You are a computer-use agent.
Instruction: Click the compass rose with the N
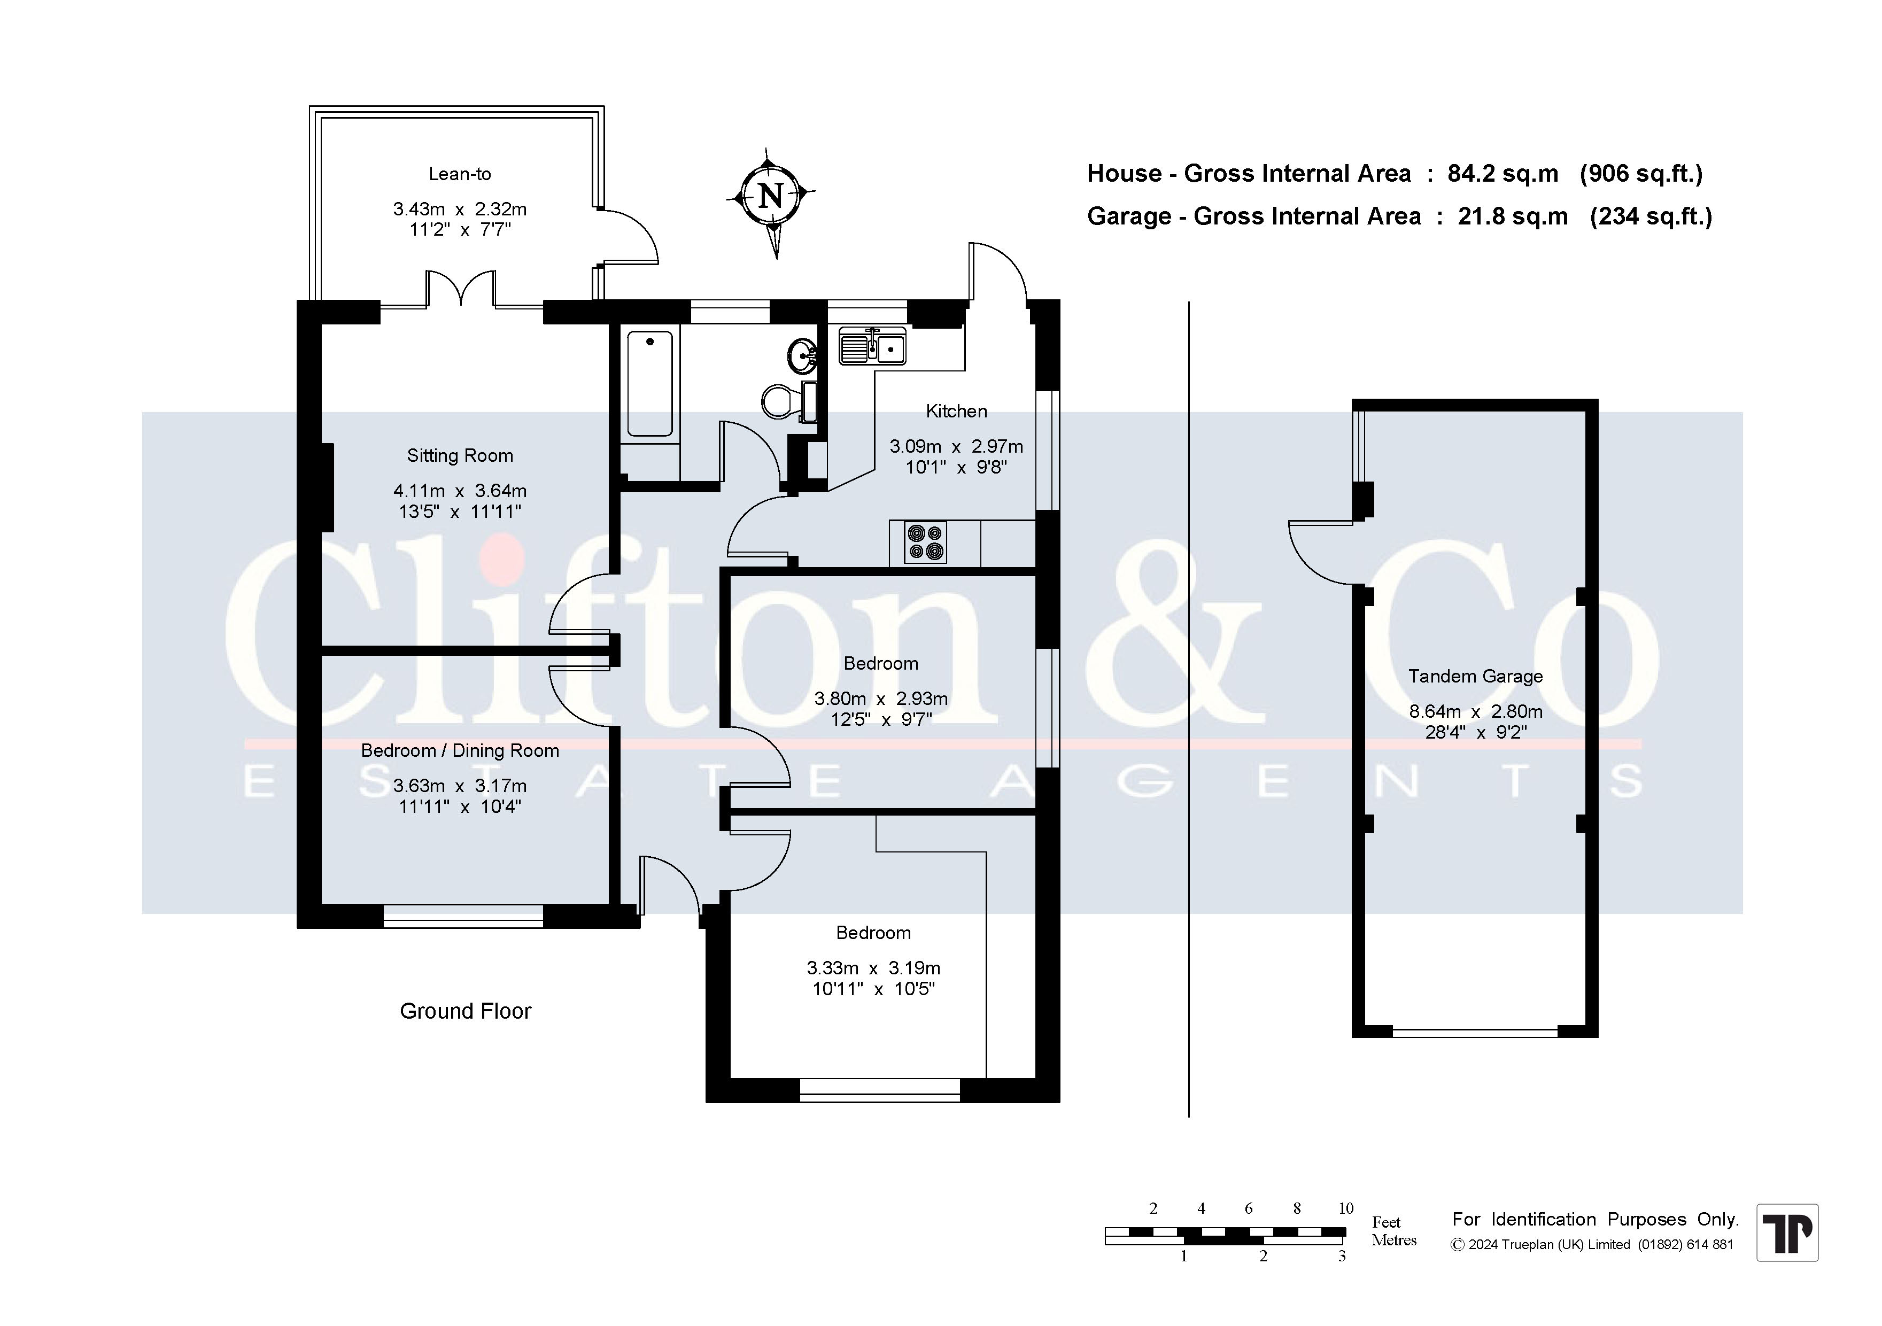[x=771, y=197]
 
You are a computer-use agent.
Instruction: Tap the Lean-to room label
[x=460, y=174]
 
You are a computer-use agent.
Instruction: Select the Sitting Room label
[x=460, y=456]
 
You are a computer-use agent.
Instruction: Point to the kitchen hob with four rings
[x=925, y=542]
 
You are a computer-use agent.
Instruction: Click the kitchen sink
[x=872, y=346]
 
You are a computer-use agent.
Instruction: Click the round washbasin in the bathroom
[x=802, y=355]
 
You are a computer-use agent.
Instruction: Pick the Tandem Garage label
[x=1475, y=676]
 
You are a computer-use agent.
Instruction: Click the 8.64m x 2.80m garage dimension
[x=1475, y=711]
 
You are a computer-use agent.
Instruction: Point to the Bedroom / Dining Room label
[x=460, y=751]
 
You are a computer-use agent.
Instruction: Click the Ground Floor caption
[x=466, y=1011]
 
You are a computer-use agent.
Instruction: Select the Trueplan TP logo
[x=1787, y=1232]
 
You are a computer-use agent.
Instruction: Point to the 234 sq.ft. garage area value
[x=1651, y=216]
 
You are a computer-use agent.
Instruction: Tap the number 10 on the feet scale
[x=1346, y=1208]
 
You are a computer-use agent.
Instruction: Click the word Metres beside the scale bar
[x=1395, y=1240]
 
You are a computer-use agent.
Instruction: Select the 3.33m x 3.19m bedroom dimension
[x=874, y=968]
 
